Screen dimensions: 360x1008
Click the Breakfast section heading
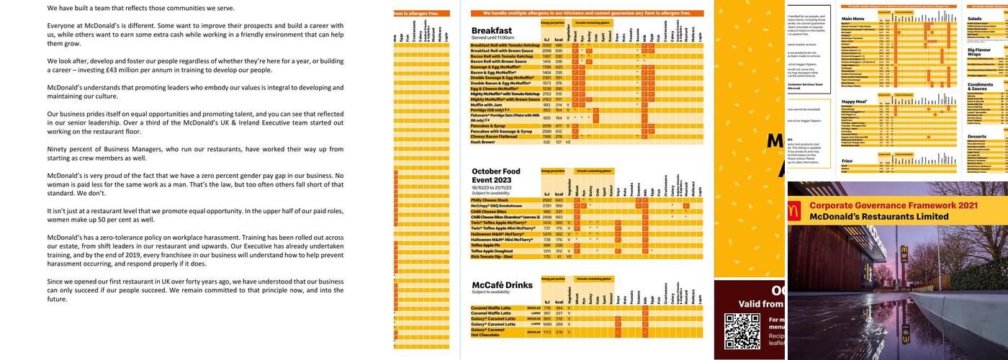pyautogui.click(x=492, y=31)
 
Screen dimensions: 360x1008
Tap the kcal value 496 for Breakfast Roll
pyautogui.click(x=558, y=45)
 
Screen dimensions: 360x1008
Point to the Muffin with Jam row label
pyautogui.click(x=490, y=105)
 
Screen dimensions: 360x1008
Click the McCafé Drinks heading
pyautogui.click(x=502, y=285)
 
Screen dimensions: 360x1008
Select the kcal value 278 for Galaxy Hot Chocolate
pyautogui.click(x=558, y=333)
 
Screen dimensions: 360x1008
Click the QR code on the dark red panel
pyautogui.click(x=742, y=332)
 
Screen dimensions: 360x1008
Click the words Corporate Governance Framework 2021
pyautogui.click(x=893, y=206)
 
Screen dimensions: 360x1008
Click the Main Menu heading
pyautogui.click(x=853, y=18)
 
